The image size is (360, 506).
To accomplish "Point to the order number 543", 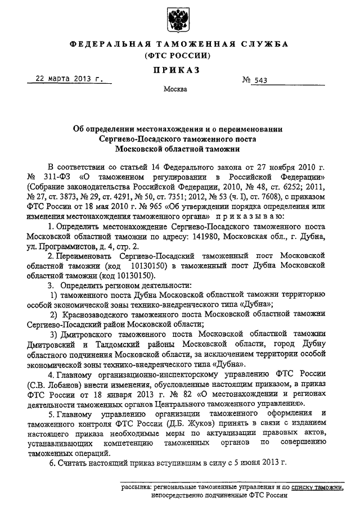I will [260, 81].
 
